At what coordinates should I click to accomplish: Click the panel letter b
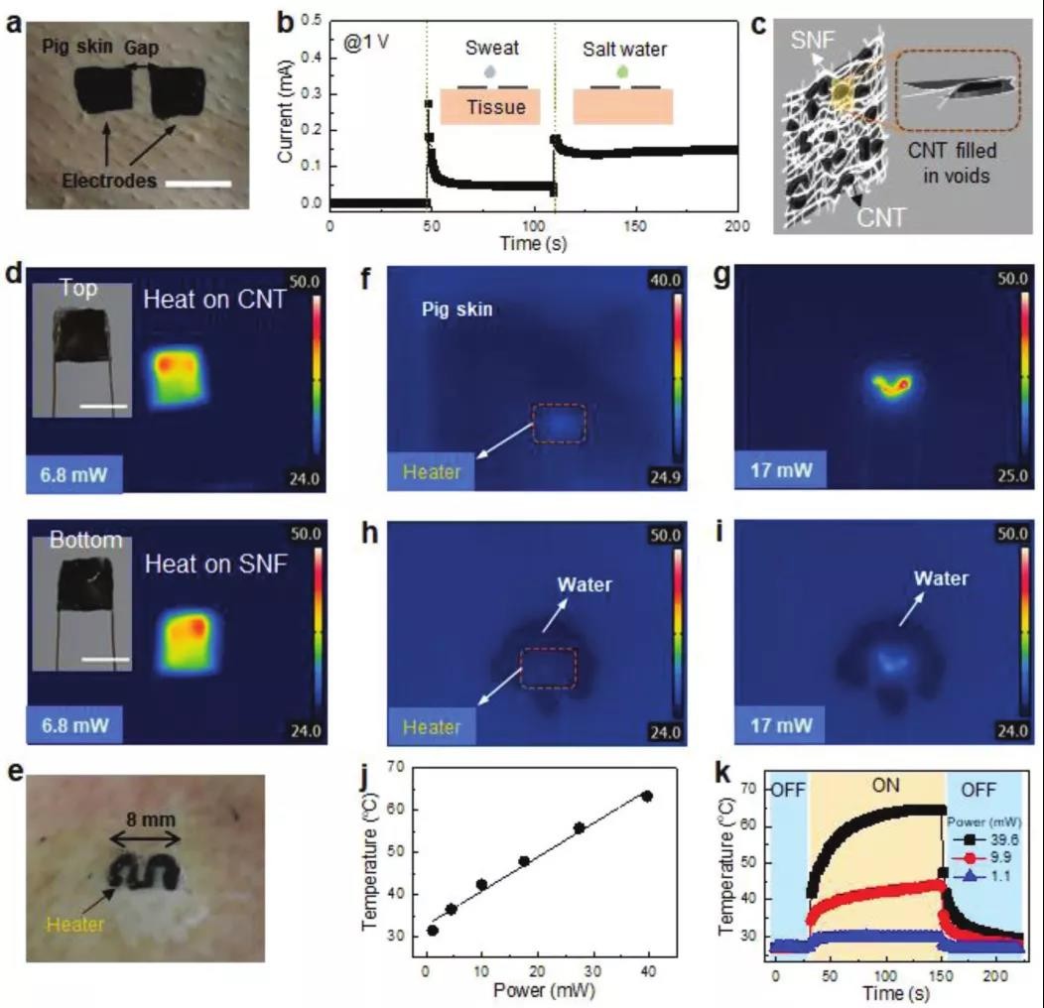point(285,21)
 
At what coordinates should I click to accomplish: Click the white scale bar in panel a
point(201,184)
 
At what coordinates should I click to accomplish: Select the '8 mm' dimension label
point(144,820)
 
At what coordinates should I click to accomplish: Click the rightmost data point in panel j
point(647,796)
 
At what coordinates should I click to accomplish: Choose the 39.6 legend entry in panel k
point(1002,837)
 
